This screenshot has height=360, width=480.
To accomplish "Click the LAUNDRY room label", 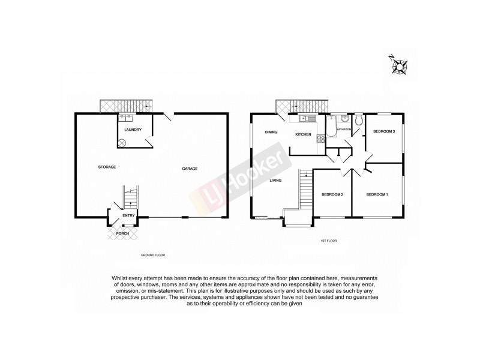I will (x=133, y=130).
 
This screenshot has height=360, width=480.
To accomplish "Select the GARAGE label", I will (x=190, y=169).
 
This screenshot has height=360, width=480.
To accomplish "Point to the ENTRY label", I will (x=128, y=215).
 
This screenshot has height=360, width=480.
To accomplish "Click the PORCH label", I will (x=122, y=233).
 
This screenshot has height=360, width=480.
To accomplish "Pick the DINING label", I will (x=271, y=133).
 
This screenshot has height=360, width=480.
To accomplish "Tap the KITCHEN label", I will (x=302, y=134).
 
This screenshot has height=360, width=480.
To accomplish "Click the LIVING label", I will (x=276, y=180).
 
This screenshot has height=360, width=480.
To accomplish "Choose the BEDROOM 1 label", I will (x=377, y=194).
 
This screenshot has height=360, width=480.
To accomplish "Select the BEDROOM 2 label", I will (x=332, y=194).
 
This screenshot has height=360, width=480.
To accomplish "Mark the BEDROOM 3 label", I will (x=384, y=131).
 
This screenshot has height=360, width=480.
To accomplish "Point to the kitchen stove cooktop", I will (x=320, y=139).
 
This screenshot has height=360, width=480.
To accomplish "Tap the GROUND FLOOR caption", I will (x=153, y=256).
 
